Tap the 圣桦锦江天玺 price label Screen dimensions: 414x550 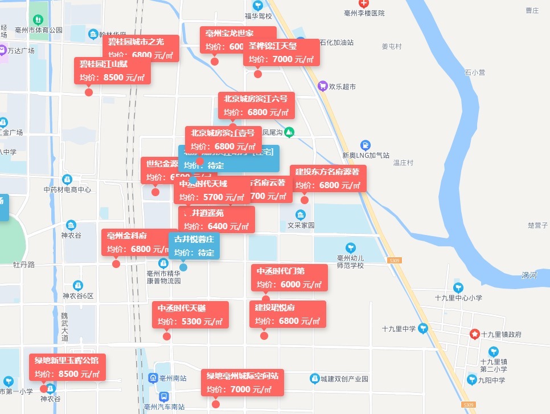click(281, 53)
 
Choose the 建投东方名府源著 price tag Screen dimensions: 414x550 click(328, 178)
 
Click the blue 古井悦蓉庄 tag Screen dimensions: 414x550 click(194, 246)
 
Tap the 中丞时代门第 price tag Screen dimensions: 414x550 click(290, 278)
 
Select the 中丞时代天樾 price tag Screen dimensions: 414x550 click(193, 315)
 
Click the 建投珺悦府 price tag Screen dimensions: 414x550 click(288, 314)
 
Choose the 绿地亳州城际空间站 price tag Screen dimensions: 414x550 click(242, 383)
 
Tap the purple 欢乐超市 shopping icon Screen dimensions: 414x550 click(322, 86)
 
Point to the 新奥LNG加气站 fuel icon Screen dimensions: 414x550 click(366, 145)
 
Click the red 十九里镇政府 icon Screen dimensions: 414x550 click(474, 334)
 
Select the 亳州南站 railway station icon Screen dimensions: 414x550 click(153, 378)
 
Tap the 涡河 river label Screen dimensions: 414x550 click(529, 275)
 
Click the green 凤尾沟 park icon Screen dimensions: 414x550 click(289, 132)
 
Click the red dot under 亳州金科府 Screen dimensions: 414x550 click(116, 263)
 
